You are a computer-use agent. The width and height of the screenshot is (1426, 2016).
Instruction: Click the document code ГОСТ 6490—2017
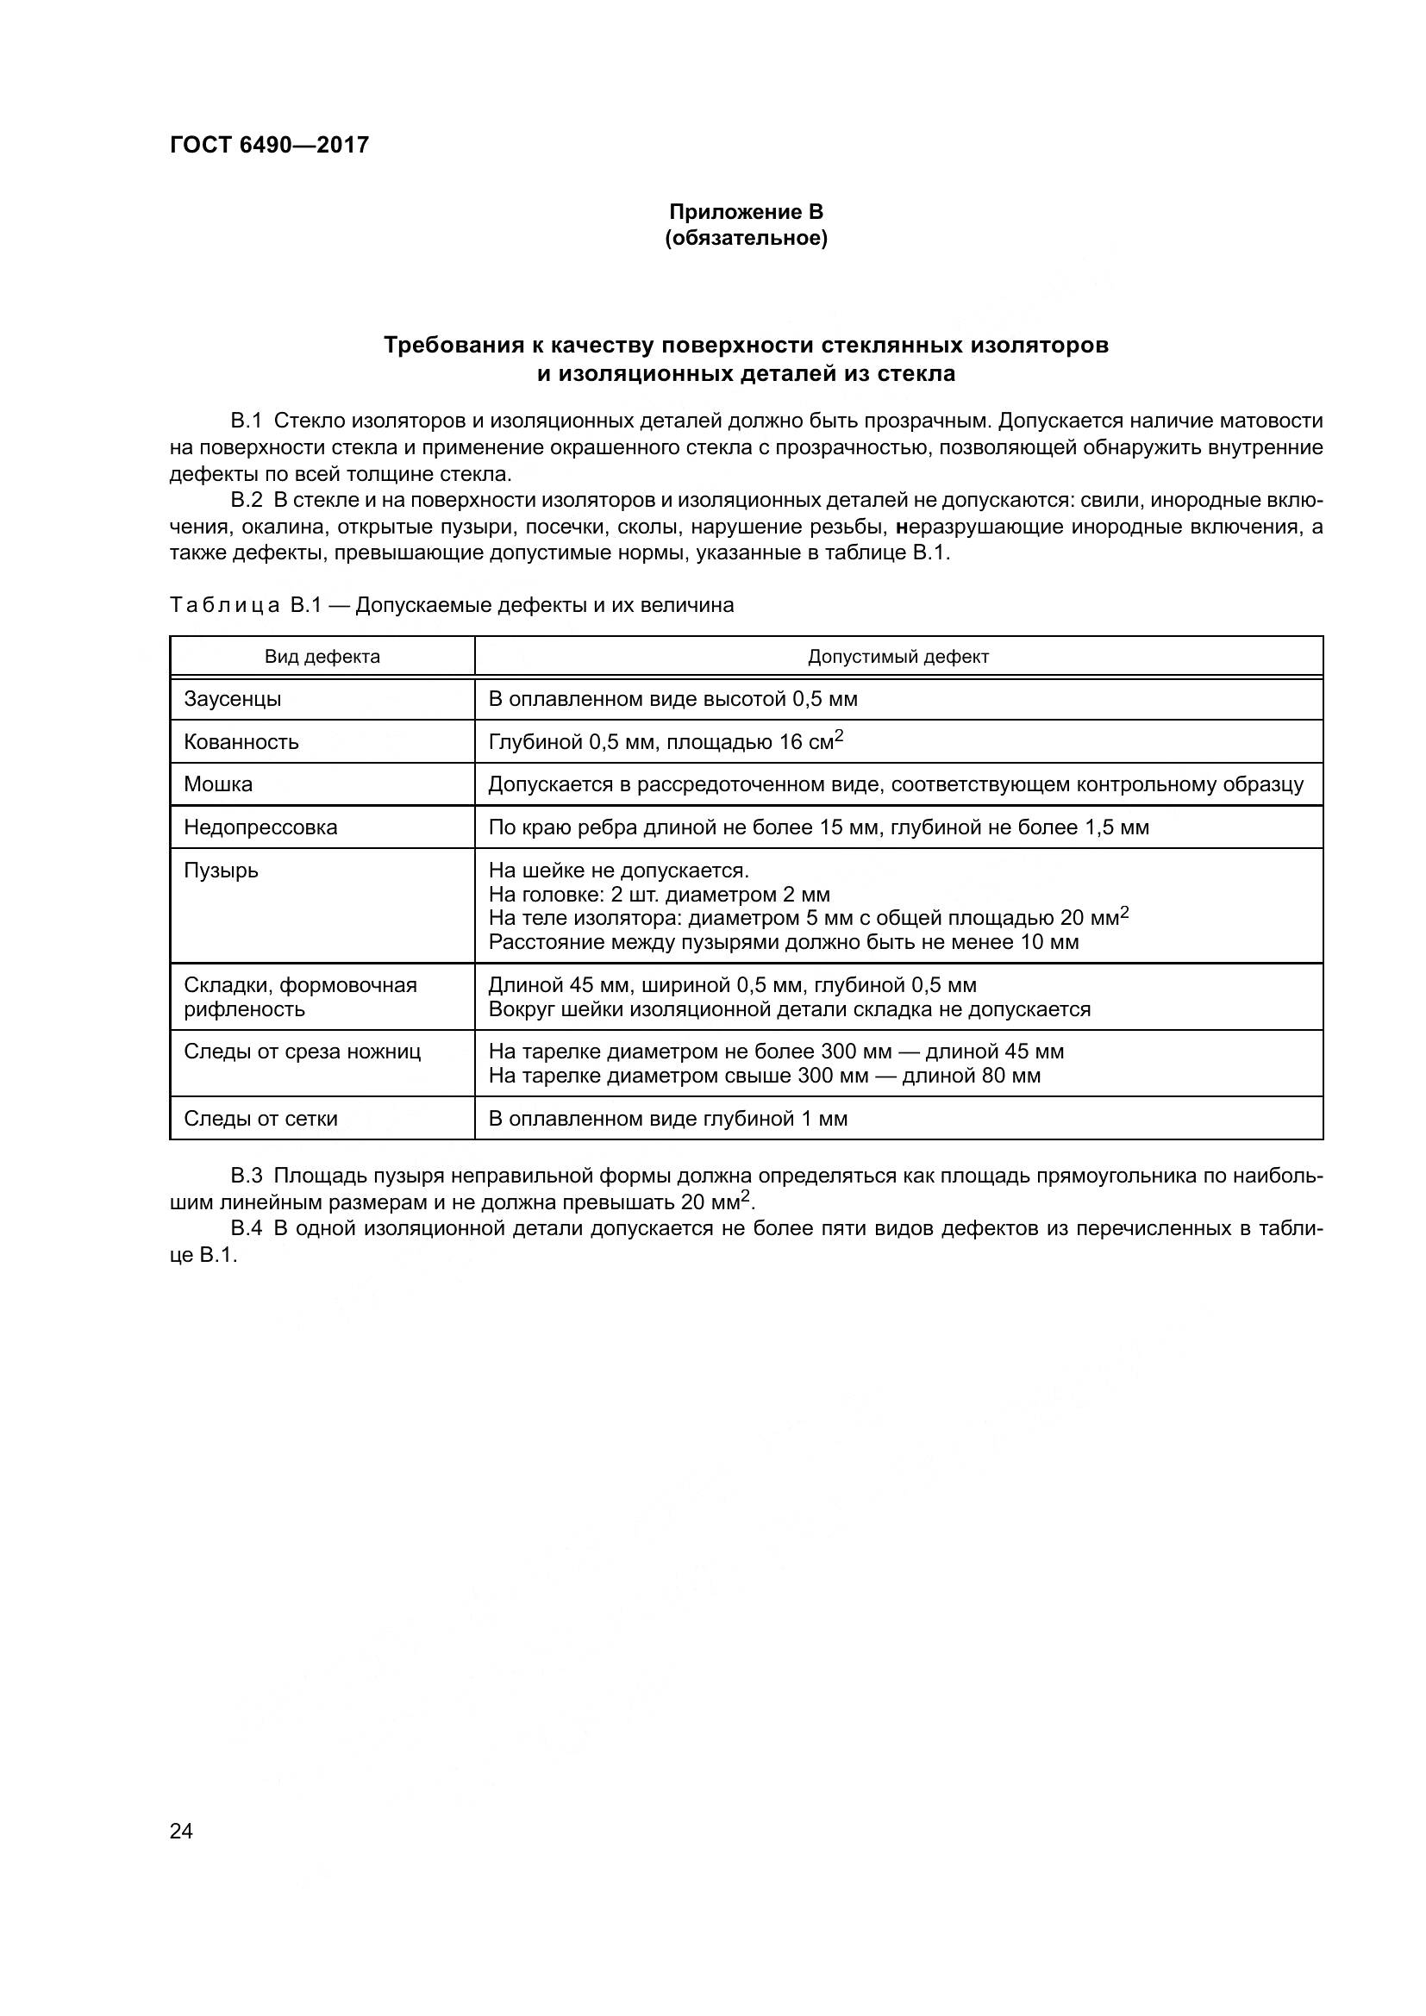tap(269, 145)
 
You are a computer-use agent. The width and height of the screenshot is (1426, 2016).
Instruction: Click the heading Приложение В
tap(746, 212)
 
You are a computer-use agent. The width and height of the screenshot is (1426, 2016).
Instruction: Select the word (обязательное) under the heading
tap(746, 238)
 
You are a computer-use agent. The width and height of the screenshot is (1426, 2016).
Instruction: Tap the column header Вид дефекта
tap(322, 657)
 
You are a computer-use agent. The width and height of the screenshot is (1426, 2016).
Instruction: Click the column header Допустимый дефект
tap(898, 657)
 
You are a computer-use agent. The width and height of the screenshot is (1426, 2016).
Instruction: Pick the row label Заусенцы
tap(232, 699)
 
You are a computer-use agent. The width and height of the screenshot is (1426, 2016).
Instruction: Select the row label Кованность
tap(241, 742)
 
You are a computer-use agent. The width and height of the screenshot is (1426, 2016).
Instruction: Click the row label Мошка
tap(218, 784)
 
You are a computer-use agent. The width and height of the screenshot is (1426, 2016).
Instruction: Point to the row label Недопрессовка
tap(260, 827)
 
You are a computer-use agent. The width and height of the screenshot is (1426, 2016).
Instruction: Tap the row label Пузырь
tap(221, 871)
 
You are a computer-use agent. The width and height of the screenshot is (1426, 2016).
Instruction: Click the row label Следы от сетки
tap(260, 1119)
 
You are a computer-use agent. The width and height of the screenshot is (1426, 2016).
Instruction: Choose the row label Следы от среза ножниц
tap(302, 1051)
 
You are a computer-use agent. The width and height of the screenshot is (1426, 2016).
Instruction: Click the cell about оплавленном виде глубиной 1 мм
tap(667, 1119)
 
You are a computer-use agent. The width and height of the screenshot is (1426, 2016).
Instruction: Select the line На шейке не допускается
tap(618, 871)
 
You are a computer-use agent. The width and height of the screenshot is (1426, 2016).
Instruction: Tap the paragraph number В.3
tap(246, 1176)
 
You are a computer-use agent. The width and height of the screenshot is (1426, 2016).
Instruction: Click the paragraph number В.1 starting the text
tap(246, 421)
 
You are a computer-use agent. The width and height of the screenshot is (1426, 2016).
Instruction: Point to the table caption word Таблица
tap(225, 605)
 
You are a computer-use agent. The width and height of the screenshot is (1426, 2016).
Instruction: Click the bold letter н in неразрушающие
tap(900, 527)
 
